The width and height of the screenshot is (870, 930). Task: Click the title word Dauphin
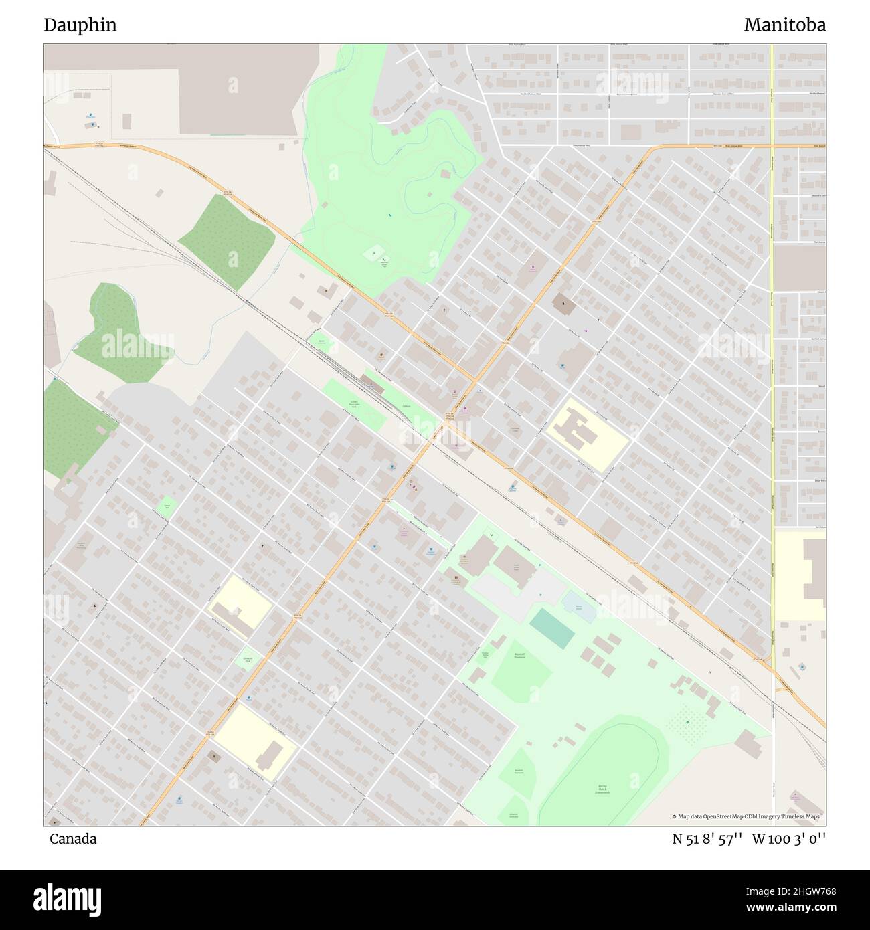80,25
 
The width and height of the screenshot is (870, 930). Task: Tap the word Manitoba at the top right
784,25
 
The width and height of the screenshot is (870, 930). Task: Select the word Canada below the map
73,839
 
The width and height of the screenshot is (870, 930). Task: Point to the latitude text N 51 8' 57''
707,839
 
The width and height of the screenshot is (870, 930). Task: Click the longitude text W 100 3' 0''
789,839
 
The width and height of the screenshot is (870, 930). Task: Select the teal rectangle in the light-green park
552,628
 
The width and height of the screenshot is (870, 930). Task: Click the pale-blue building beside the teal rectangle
580,607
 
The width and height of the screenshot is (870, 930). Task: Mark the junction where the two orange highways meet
474,381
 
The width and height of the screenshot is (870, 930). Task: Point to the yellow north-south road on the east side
772,335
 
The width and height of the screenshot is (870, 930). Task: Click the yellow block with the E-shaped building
586,434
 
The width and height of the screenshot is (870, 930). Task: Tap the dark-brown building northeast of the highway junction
563,304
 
